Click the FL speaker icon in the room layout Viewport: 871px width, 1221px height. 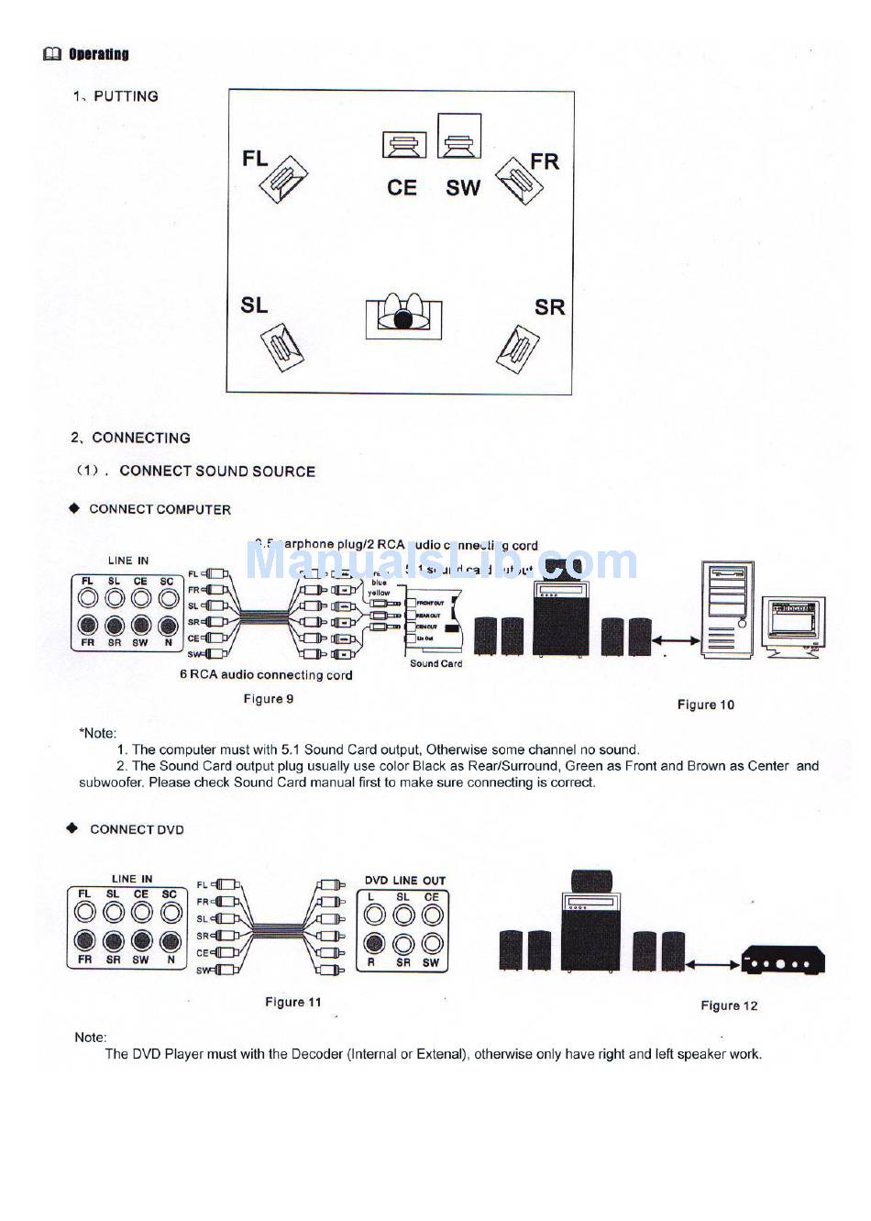[284, 180]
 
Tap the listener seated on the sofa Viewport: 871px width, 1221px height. [403, 317]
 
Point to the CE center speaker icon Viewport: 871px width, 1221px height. [404, 145]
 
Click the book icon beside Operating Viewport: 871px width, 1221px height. [52, 54]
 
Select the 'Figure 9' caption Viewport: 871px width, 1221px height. [269, 699]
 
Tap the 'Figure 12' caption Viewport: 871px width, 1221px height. [729, 1005]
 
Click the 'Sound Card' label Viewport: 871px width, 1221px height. [435, 663]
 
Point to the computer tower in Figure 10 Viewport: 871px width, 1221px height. [727, 609]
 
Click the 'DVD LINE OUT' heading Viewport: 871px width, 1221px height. [405, 880]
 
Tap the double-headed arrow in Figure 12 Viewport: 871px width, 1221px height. [713, 964]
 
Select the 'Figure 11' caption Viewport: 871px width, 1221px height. [293, 1002]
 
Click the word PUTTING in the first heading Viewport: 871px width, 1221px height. [126, 96]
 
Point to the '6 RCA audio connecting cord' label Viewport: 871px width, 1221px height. [266, 675]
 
